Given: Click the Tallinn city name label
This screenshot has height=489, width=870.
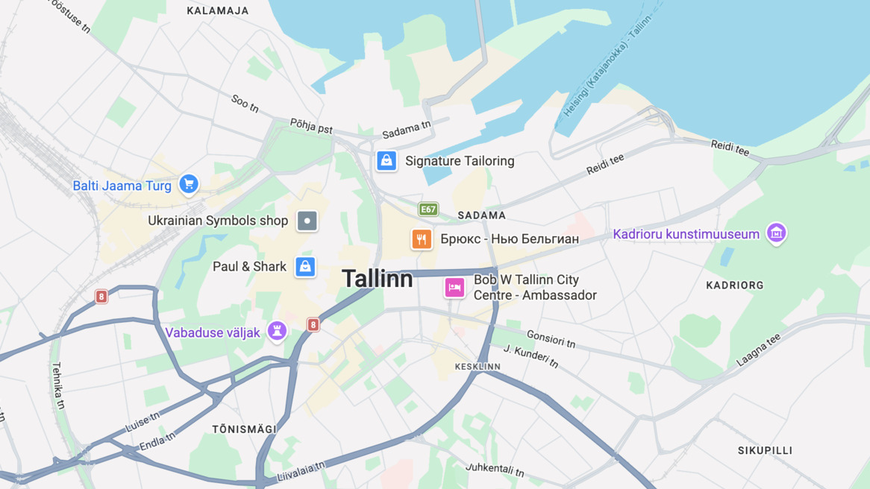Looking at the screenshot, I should (377, 279).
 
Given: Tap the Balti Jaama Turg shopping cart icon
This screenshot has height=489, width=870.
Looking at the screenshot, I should (189, 183).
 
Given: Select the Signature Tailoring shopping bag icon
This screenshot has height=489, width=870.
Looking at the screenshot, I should (387, 160).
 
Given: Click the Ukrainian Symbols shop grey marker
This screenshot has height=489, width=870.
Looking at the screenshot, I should (307, 221).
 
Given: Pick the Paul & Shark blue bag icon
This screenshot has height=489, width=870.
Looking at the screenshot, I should (304, 266).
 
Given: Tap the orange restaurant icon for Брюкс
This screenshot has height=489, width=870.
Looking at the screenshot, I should (422, 239).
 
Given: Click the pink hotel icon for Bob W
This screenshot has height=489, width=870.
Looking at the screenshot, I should (454, 287).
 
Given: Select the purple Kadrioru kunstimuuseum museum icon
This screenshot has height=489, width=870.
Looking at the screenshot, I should (776, 233).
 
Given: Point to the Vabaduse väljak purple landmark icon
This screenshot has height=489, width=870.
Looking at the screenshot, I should (277, 332).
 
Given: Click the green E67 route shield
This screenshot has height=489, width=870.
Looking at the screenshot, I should (428, 209).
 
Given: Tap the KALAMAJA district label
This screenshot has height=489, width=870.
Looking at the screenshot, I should (218, 10).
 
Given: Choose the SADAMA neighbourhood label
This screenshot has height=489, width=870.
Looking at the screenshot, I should (481, 215).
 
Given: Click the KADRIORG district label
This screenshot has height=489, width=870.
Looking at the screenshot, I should (735, 285).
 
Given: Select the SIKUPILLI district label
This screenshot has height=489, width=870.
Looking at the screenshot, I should (765, 450).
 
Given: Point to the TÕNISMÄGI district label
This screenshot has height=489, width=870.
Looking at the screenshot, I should (244, 429).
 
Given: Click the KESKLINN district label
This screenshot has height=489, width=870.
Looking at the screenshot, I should (478, 367).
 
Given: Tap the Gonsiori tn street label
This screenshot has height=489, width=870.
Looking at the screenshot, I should (551, 339).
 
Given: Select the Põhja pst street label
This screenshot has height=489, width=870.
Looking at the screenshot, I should (311, 126).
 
